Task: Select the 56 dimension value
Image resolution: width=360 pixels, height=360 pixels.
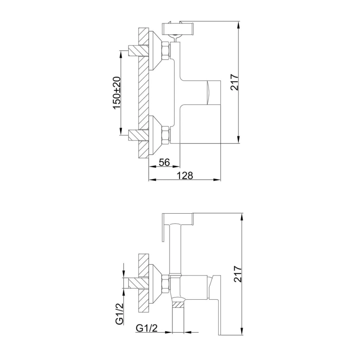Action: (x=164, y=162)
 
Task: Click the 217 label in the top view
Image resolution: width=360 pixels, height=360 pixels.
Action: (x=234, y=82)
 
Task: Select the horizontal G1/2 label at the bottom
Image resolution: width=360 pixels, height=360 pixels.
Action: (x=147, y=329)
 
